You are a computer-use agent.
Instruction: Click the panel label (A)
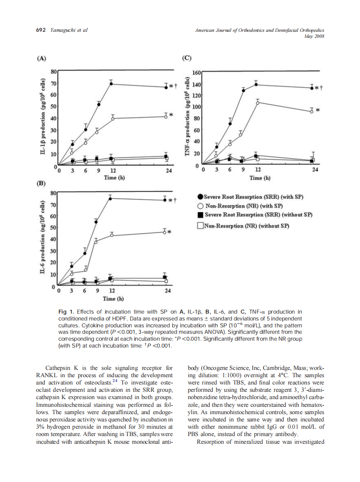pos(41,58)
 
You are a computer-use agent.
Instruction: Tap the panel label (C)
pos(187,58)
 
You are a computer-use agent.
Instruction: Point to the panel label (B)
pos(41,183)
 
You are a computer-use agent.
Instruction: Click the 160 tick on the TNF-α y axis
pos(196,73)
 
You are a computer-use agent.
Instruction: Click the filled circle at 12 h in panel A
pos(111,84)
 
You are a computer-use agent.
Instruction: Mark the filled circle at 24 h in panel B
pos(165,199)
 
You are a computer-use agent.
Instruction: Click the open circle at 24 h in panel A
pos(166,116)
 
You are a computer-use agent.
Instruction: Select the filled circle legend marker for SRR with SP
pos(200,197)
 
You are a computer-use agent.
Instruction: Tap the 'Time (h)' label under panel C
pos(260,178)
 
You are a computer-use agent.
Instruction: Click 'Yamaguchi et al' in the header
pos(69,30)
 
